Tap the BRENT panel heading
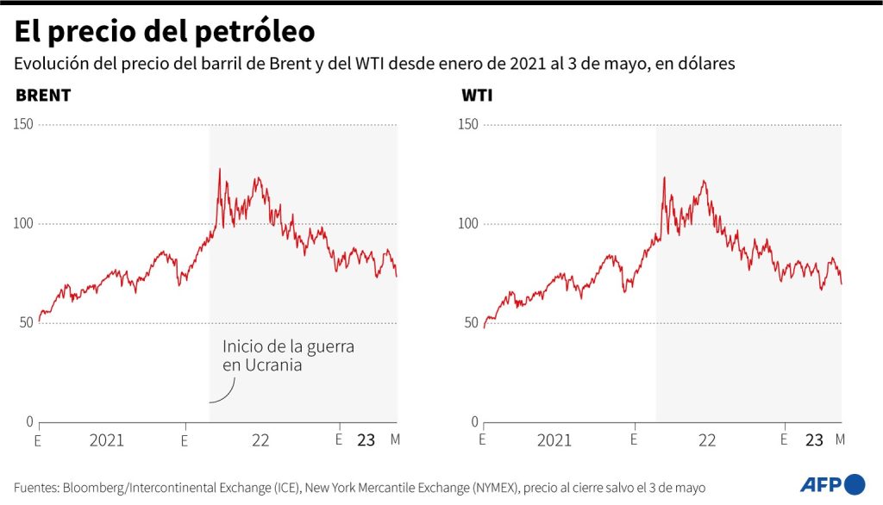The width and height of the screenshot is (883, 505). [43, 95]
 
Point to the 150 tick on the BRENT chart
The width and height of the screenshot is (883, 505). [22, 124]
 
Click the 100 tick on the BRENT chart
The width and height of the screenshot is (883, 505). [22, 223]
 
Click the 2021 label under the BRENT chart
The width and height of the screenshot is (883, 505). [106, 440]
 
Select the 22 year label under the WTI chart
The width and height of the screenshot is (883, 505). [707, 440]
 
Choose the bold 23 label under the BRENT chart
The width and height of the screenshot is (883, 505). [366, 440]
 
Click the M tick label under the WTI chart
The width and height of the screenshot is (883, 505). [841, 440]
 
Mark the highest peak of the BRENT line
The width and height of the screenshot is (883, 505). [219, 169]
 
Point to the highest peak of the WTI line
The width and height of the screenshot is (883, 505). [664, 177]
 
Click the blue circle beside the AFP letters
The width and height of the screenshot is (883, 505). [854, 483]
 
